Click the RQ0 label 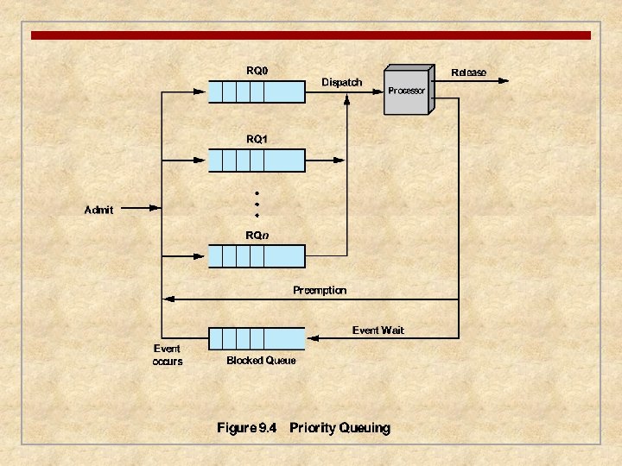pos(257,71)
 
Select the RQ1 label pos(257,138)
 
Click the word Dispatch pos(342,82)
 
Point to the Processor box pos(408,91)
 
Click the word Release pos(469,72)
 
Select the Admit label pos(98,209)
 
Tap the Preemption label pos(320,290)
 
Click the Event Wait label pos(378,330)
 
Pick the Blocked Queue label pos(261,361)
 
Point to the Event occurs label pos(168,356)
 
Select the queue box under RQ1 pos(257,161)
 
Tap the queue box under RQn pos(257,256)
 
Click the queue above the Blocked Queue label pos(257,337)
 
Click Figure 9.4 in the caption pos(246,428)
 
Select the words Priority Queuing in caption pos(340,428)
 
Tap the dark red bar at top pos(311,35)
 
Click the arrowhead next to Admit pos(155,208)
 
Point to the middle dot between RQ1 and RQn pos(257,204)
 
